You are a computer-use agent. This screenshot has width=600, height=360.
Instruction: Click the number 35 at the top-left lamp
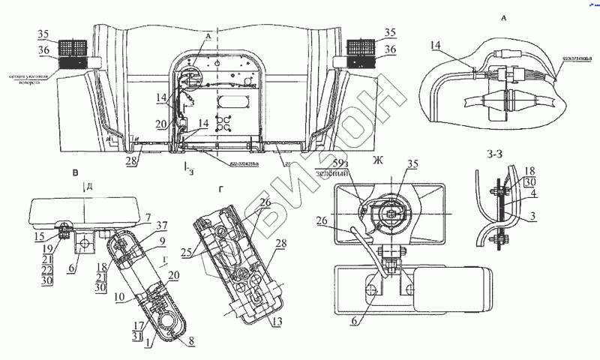(x=43, y=33)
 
